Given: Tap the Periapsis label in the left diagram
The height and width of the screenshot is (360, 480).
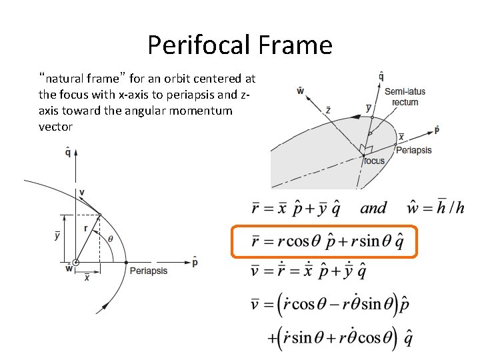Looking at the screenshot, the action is [x=148, y=271].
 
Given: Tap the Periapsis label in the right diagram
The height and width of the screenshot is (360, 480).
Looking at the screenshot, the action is [x=413, y=150].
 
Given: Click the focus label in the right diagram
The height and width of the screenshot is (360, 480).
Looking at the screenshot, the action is [x=374, y=161].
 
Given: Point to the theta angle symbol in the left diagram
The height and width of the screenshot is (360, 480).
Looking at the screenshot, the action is [x=111, y=238].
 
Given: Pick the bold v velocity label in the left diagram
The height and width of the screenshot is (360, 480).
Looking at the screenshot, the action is [x=81, y=193].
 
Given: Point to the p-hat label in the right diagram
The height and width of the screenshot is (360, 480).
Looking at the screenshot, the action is [x=437, y=129].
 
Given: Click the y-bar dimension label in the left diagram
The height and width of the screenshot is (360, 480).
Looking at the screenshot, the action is [x=57, y=235].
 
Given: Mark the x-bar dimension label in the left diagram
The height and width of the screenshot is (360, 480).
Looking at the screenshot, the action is [x=87, y=278].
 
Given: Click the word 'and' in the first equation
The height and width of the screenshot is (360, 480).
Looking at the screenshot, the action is [x=373, y=208].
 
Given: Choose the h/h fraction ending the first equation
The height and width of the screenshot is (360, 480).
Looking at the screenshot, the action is [x=451, y=207].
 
